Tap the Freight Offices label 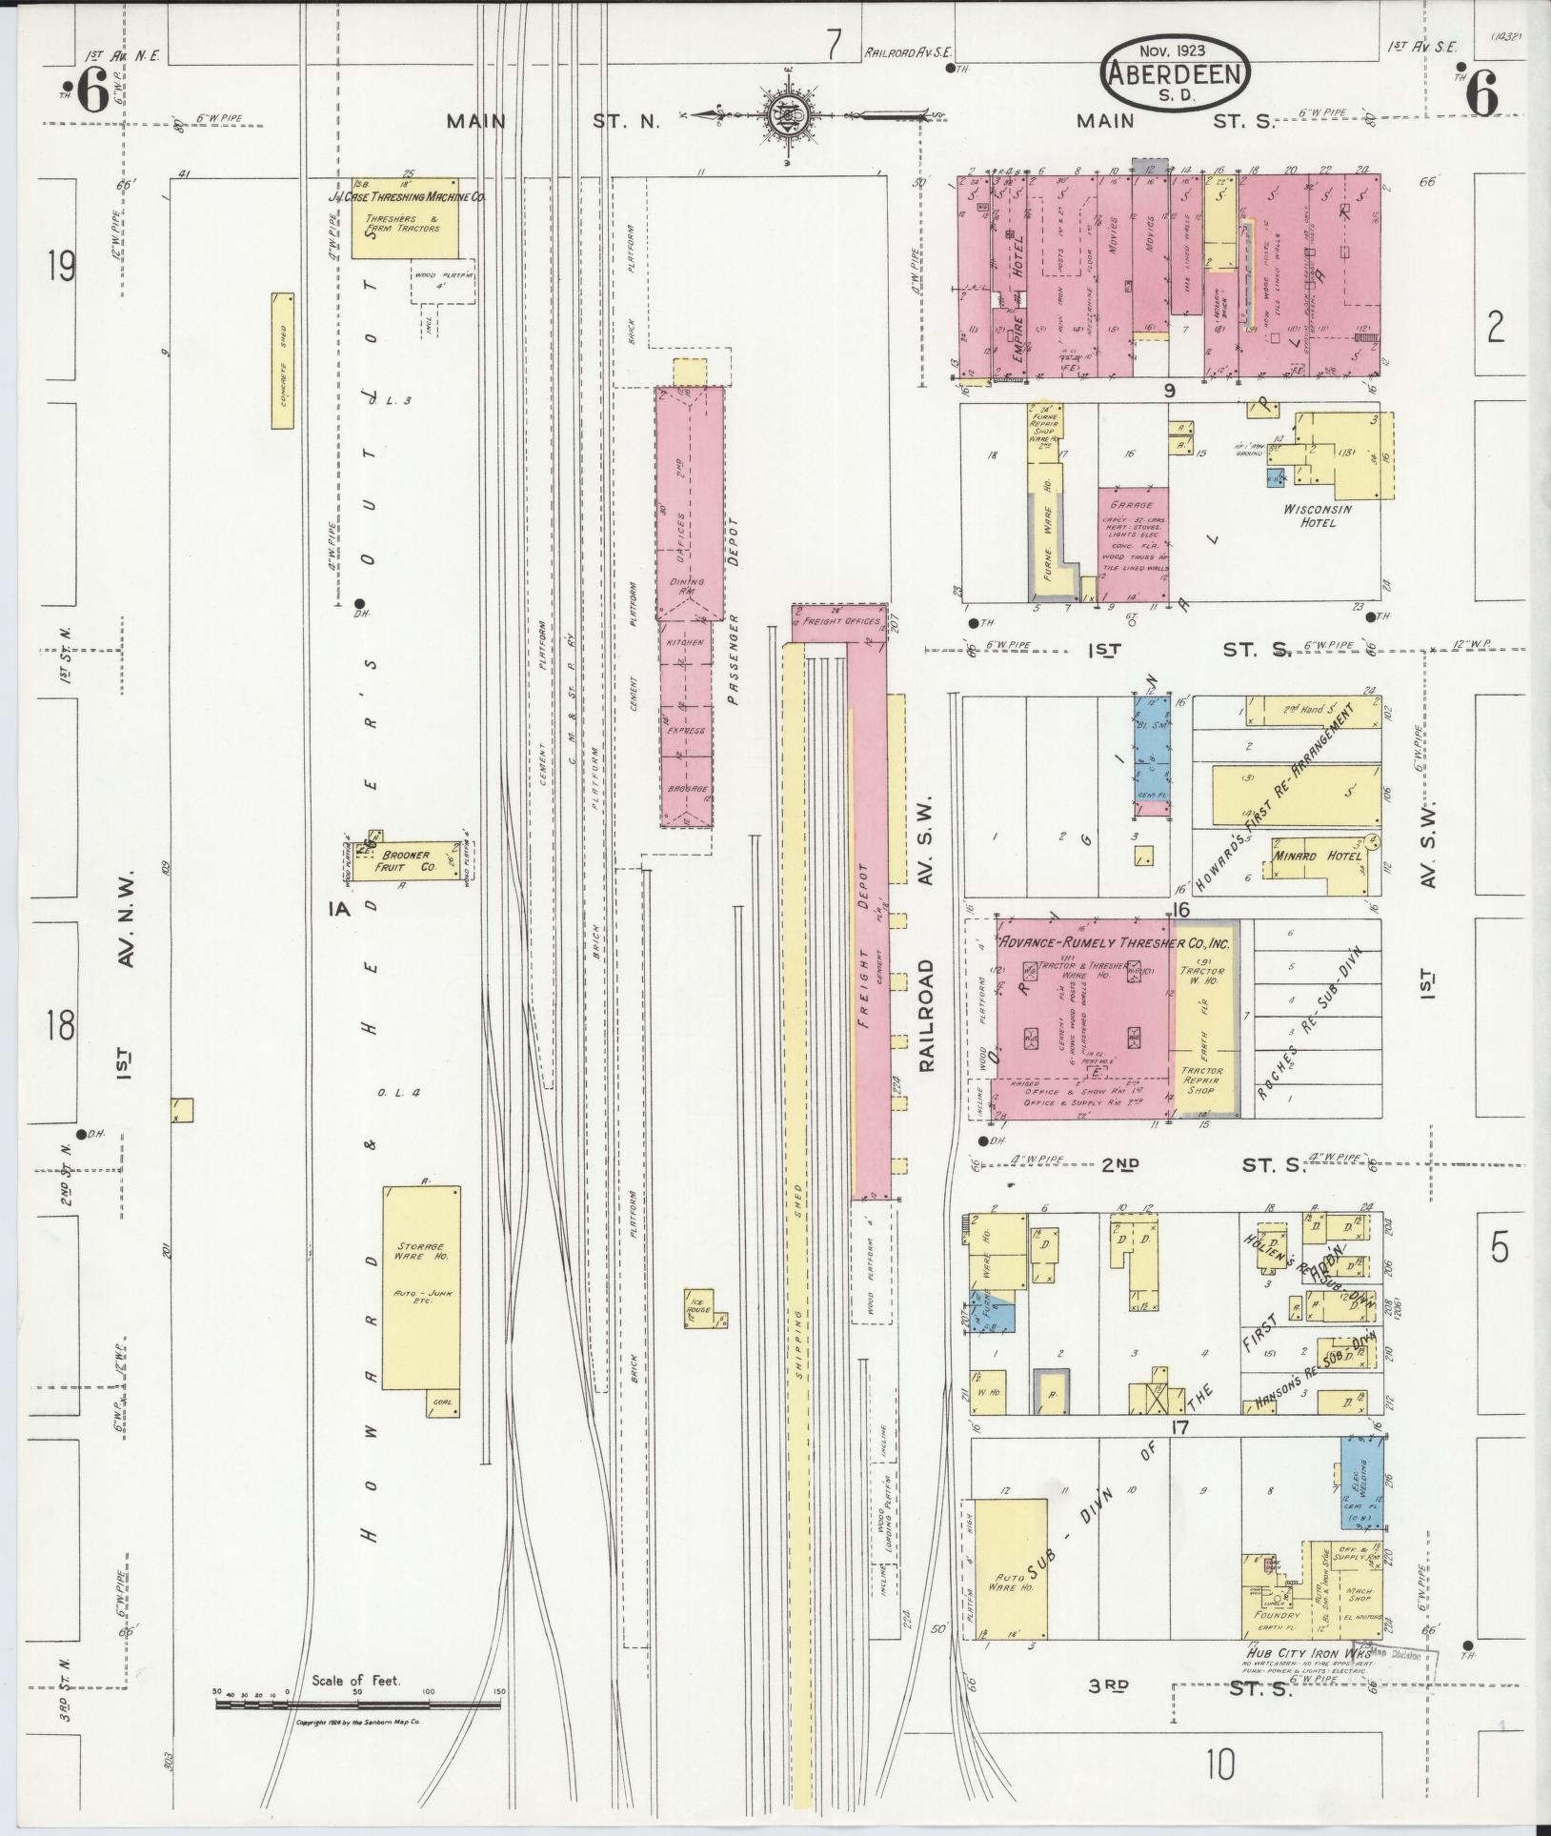pyautogui.click(x=842, y=621)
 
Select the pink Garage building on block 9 pyautogui.click(x=1134, y=545)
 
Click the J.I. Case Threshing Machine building pyautogui.click(x=405, y=217)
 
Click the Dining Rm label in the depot pyautogui.click(x=688, y=586)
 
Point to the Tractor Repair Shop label pyautogui.click(x=1201, y=1081)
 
